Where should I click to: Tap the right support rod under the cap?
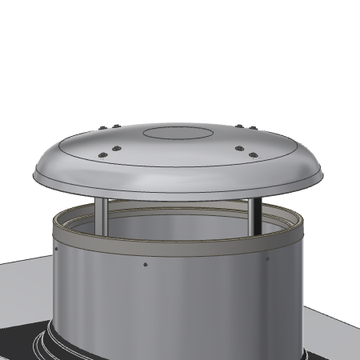pyautogui.click(x=252, y=214)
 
